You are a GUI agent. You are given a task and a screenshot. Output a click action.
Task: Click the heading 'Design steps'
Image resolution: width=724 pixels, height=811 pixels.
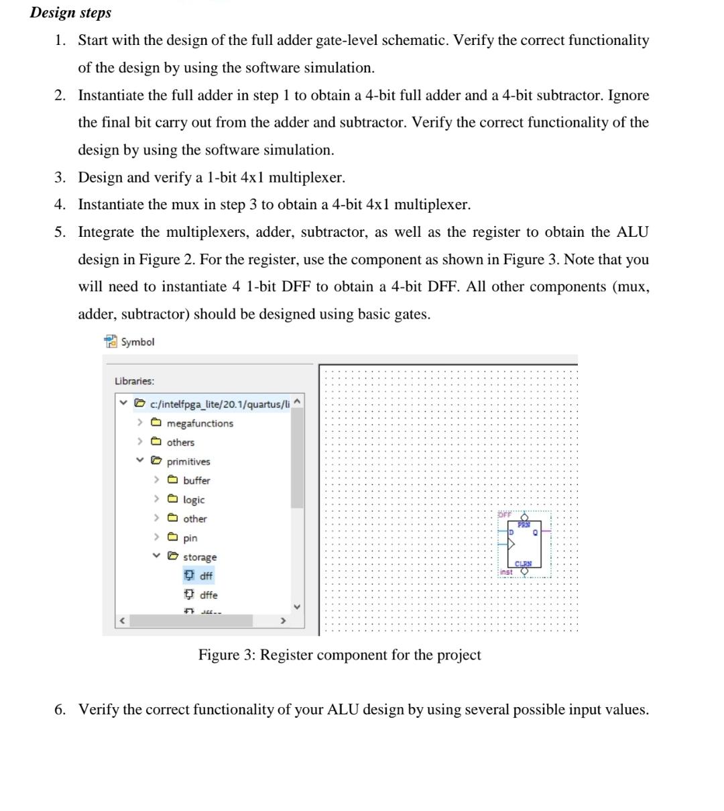[x=71, y=13]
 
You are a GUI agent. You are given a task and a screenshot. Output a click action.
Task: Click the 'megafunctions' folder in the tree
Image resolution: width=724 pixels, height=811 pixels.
[x=199, y=423]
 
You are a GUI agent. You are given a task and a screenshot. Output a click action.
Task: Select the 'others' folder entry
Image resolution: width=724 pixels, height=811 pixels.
[x=180, y=442]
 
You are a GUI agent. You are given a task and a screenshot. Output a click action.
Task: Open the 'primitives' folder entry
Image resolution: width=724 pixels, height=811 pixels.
[x=188, y=462]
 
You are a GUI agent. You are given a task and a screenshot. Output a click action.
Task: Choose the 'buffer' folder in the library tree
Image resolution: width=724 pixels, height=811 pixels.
[x=196, y=480]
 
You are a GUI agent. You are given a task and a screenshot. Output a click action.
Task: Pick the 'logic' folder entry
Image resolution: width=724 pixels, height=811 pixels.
[x=194, y=500]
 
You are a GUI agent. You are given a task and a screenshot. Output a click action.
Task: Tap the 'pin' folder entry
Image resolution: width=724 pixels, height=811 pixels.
[x=190, y=538]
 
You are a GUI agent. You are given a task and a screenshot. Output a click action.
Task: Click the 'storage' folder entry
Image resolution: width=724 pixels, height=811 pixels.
[x=200, y=557]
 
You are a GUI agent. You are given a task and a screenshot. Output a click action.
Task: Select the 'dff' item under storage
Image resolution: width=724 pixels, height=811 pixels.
[x=205, y=576]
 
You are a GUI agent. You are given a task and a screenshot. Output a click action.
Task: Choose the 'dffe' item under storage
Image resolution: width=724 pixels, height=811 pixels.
[x=208, y=595]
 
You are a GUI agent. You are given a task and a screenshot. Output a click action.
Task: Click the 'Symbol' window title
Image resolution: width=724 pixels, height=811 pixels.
[x=137, y=342]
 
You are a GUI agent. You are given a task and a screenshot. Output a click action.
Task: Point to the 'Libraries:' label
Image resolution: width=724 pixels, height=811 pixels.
[x=134, y=381]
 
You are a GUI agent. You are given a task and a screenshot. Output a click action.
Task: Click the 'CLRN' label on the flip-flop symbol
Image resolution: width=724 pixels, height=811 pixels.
[x=523, y=564]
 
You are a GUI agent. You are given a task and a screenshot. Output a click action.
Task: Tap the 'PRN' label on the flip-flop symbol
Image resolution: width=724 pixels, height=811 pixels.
[x=524, y=525]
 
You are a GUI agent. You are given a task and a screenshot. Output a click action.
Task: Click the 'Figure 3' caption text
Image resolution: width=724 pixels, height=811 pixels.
[x=339, y=655]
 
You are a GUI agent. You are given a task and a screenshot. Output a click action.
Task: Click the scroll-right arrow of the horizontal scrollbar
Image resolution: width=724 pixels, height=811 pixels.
[x=282, y=621]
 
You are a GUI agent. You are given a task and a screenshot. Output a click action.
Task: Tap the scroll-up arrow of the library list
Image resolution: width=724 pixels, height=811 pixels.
[x=297, y=401]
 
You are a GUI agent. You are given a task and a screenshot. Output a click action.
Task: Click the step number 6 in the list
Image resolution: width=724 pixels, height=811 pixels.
[x=60, y=710]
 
